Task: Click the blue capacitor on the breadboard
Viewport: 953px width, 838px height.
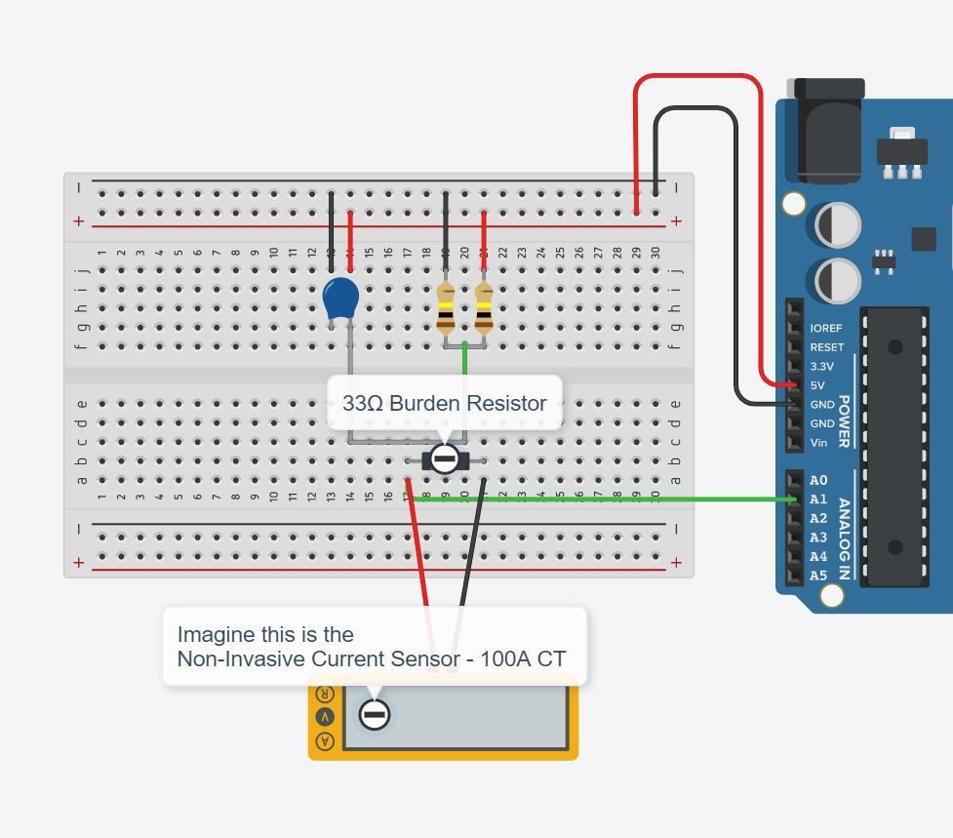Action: pyautogui.click(x=340, y=298)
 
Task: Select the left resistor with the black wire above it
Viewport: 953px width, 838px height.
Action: pyautogui.click(x=446, y=307)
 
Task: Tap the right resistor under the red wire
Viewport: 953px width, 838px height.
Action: pyautogui.click(x=484, y=307)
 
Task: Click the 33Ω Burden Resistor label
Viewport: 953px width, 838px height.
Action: pyautogui.click(x=444, y=403)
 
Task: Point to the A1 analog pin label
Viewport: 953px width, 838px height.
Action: pyautogui.click(x=817, y=499)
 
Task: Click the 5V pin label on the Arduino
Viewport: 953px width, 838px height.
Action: pyautogui.click(x=818, y=385)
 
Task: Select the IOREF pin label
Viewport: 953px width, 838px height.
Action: pyautogui.click(x=825, y=329)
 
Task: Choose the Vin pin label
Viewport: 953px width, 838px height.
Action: pyautogui.click(x=818, y=443)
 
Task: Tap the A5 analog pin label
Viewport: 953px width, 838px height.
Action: pyautogui.click(x=817, y=576)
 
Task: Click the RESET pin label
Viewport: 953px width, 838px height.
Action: pyautogui.click(x=826, y=347)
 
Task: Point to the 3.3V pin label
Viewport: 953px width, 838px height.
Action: pyautogui.click(x=821, y=367)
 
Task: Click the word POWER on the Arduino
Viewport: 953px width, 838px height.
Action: pyautogui.click(x=845, y=420)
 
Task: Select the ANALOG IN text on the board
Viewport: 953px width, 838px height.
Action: pyautogui.click(x=845, y=538)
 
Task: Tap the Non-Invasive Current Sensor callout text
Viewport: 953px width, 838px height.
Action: pyautogui.click(x=371, y=647)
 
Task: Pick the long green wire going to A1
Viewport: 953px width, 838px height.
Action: pyautogui.click(x=605, y=499)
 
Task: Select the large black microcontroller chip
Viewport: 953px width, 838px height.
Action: pyautogui.click(x=894, y=446)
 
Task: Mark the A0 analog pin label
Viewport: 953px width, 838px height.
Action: pyautogui.click(x=817, y=480)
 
